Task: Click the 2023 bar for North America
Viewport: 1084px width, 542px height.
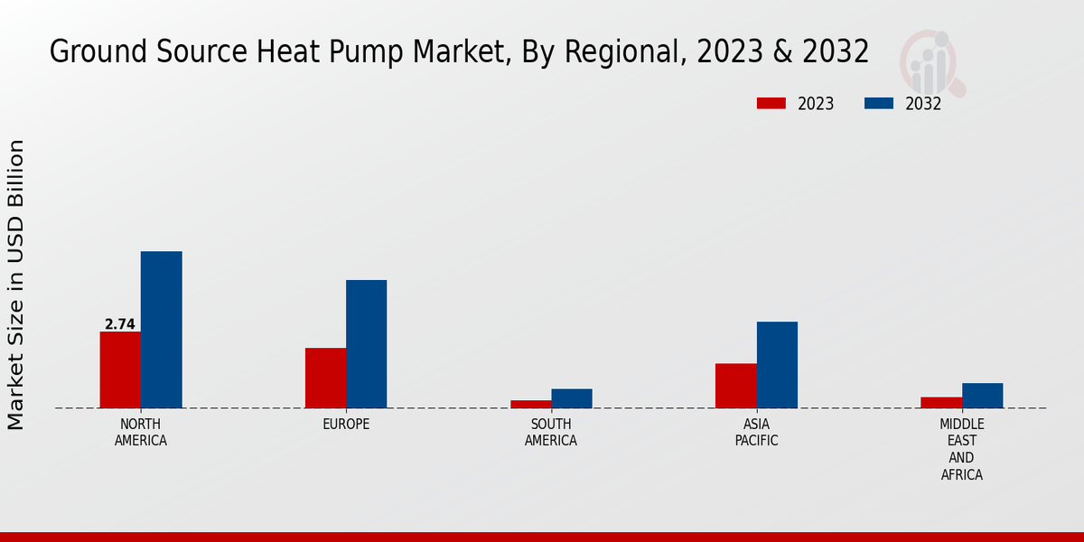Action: [120, 369]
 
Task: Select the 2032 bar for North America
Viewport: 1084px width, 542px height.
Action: [162, 330]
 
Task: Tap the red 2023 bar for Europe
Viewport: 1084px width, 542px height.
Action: [325, 378]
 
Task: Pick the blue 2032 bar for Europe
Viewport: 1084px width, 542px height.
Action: [367, 344]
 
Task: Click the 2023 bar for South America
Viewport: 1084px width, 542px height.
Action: [530, 404]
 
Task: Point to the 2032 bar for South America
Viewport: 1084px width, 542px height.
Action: [572, 398]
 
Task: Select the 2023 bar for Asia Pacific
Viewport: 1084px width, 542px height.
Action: [735, 386]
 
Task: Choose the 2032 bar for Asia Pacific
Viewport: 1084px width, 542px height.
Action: [777, 365]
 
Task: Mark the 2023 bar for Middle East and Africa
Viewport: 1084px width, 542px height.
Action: [941, 402]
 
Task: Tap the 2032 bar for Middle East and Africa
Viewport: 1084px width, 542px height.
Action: [983, 396]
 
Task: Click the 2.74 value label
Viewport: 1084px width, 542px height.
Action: [119, 324]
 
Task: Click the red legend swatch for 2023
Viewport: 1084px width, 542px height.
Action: [771, 104]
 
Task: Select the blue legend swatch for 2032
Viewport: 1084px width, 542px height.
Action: [879, 104]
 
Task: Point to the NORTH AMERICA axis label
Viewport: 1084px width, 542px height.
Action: [141, 433]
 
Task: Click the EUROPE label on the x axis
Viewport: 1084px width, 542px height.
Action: [346, 425]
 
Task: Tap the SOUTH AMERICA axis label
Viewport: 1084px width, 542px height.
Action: [551, 433]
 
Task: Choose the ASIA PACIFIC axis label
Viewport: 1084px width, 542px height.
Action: [756, 433]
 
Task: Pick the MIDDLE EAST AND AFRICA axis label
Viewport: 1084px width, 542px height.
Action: [962, 449]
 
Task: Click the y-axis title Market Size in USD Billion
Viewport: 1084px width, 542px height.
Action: [16, 285]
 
